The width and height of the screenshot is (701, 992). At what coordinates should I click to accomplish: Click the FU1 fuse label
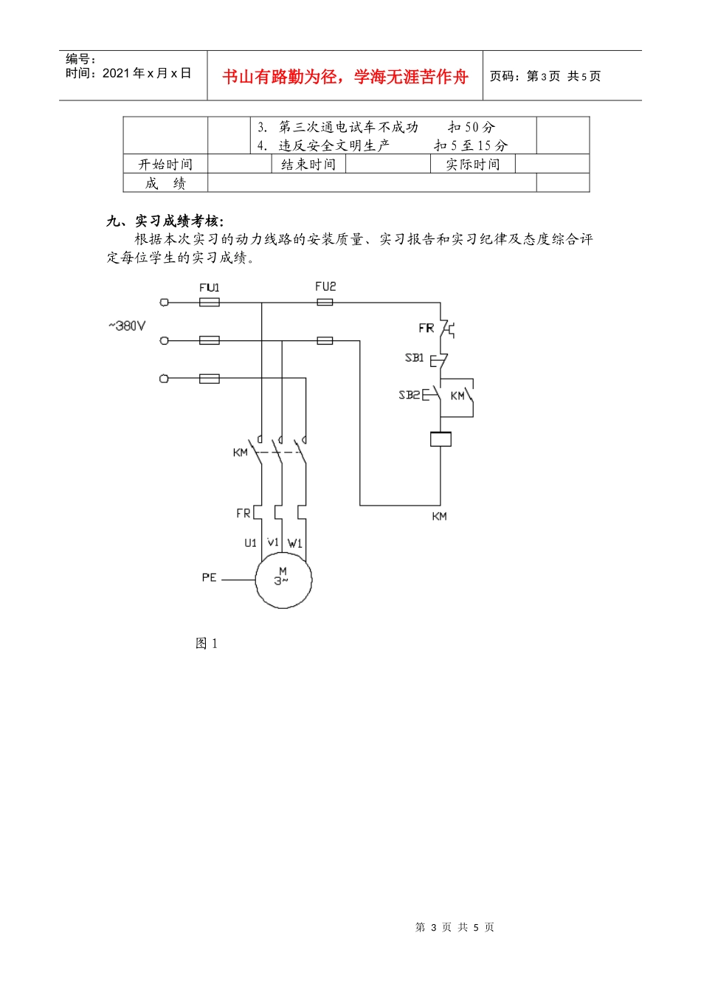coord(209,288)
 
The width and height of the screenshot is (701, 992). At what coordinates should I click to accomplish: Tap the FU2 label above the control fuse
coord(325,286)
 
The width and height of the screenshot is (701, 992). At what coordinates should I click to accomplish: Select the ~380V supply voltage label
coord(127,326)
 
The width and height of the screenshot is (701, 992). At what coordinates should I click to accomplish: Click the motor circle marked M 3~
coord(283,579)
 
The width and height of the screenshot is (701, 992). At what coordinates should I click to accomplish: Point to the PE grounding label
coord(209,577)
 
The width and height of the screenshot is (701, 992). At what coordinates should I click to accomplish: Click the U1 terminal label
coord(251,543)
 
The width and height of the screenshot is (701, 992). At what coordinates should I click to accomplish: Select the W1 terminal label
coord(294,543)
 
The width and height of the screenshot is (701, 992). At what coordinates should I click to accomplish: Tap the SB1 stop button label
coord(415,357)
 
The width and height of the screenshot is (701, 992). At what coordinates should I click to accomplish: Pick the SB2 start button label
coord(410,395)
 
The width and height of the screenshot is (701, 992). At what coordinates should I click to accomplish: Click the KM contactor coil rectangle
coord(441,439)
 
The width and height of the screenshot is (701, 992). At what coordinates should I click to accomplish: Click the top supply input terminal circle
coord(164,303)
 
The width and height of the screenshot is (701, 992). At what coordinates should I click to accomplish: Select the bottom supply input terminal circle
coord(164,379)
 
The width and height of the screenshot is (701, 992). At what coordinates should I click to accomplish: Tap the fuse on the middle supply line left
coord(210,340)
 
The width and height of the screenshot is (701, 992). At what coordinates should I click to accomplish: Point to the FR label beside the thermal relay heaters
coord(244,513)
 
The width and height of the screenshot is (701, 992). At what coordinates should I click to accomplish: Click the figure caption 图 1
coord(207,644)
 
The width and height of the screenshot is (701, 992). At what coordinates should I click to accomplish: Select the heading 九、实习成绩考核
coord(165,221)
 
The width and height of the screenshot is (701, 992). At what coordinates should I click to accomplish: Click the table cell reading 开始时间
coord(165,165)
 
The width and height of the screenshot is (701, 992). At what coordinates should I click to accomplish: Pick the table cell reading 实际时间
coord(472,165)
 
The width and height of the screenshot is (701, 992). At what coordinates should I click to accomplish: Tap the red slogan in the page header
coord(345,77)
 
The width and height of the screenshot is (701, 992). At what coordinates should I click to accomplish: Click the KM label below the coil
coord(439,517)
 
